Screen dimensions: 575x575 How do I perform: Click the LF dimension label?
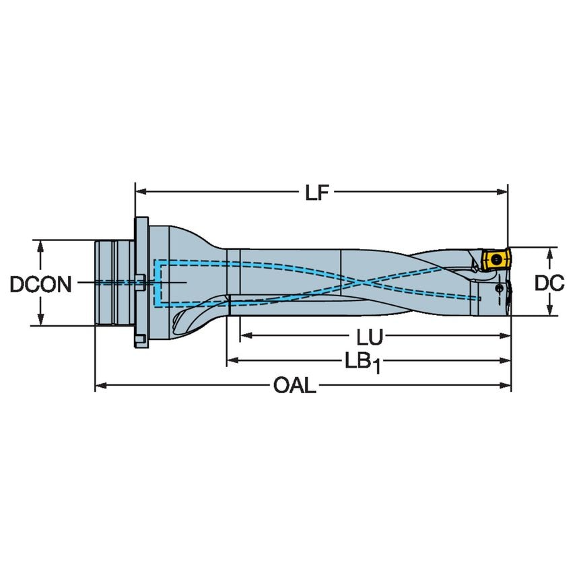tap(316, 193)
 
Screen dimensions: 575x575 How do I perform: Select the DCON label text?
tap(40, 284)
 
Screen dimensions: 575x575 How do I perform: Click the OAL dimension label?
tap(294, 386)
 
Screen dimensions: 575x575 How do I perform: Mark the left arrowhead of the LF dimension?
tap(140, 192)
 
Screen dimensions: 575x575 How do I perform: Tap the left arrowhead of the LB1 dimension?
tap(232, 362)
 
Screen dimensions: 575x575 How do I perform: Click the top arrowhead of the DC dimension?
tap(550, 252)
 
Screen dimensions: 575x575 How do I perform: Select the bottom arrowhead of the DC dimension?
tap(550, 310)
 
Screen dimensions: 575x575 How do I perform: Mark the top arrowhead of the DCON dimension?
tap(42, 244)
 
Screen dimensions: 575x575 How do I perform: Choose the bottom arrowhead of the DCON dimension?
tap(42, 320)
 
